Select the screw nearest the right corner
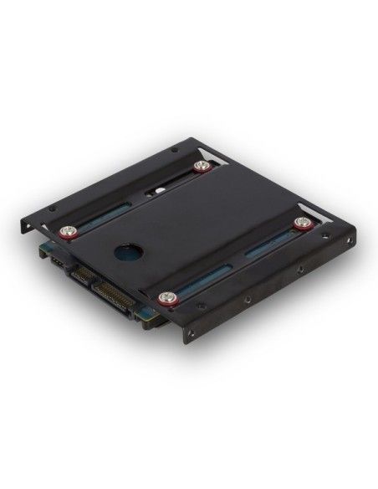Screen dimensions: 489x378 point(301,224)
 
